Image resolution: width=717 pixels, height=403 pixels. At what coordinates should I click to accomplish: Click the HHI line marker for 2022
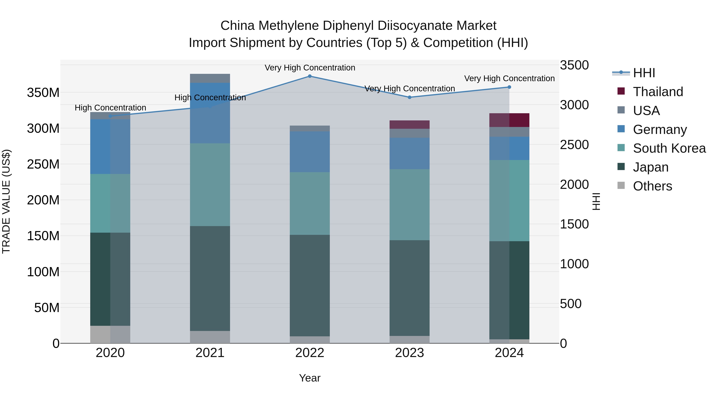(310, 76)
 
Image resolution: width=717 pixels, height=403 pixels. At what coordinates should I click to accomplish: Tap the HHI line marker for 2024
(509, 87)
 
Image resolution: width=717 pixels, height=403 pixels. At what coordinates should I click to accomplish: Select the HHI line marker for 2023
(409, 97)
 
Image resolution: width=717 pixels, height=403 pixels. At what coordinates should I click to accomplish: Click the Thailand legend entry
(657, 92)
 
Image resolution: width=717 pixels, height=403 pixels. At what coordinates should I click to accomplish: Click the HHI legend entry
(644, 73)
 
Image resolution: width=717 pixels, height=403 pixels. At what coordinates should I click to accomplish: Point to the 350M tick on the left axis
(43, 93)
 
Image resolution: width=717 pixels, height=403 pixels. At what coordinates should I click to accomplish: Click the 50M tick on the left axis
(47, 308)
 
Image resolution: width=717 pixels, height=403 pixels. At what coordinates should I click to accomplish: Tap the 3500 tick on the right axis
(574, 65)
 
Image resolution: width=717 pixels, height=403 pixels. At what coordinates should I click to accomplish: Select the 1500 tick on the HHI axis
(574, 224)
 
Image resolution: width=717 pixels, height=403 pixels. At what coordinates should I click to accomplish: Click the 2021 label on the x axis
(210, 353)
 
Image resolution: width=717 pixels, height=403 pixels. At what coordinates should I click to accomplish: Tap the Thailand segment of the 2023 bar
(409, 125)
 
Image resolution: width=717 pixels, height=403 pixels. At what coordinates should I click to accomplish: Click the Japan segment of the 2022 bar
(310, 285)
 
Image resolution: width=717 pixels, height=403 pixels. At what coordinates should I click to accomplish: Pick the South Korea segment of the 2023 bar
(409, 205)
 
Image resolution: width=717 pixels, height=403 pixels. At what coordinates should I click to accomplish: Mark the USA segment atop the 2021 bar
(210, 78)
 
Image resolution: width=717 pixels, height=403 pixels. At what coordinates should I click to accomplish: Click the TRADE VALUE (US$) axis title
(6, 201)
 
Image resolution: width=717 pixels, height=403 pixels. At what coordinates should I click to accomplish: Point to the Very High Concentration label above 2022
(310, 68)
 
